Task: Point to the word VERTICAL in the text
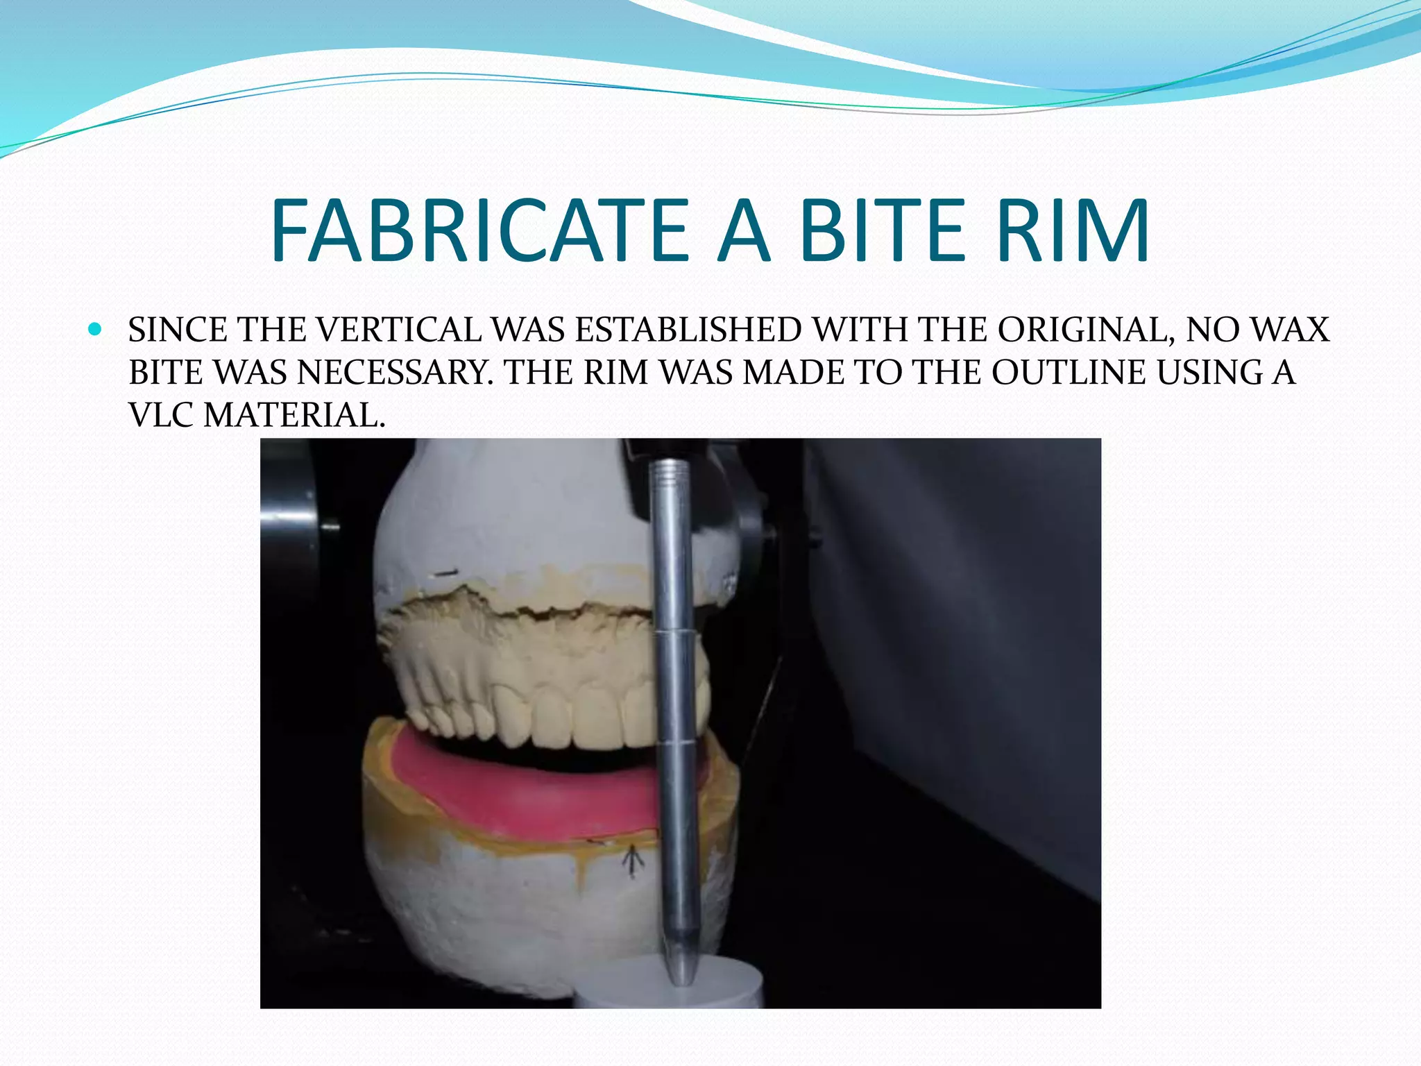[x=398, y=330]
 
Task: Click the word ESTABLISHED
[x=688, y=330]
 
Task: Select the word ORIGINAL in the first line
[x=1086, y=330]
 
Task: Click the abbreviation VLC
[x=162, y=416]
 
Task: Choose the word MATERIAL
[x=294, y=416]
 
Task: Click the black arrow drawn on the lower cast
[x=631, y=862]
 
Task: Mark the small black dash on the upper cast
[x=444, y=573]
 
